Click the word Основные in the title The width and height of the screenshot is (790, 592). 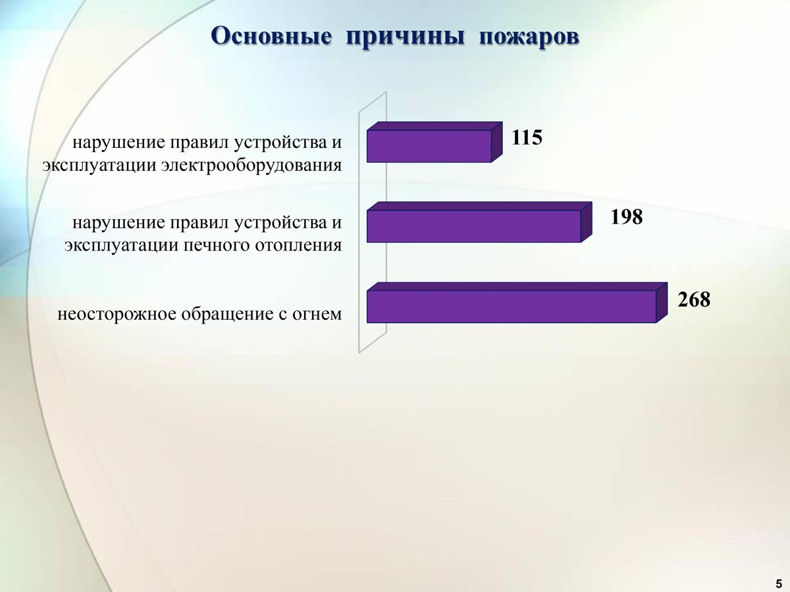(x=271, y=36)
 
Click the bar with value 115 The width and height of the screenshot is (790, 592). (x=434, y=142)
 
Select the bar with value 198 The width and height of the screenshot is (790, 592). (x=479, y=222)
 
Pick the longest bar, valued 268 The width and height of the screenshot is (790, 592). (x=517, y=303)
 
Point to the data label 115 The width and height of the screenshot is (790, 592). (x=527, y=137)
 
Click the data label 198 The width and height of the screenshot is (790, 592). (x=627, y=217)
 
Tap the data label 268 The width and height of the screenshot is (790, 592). (x=694, y=299)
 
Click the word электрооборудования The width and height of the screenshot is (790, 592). (x=251, y=166)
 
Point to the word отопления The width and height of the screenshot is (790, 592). (x=298, y=246)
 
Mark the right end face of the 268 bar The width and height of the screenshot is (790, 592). (x=662, y=303)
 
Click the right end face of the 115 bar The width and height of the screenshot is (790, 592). (x=496, y=142)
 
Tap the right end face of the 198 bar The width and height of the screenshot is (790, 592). (x=587, y=222)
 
